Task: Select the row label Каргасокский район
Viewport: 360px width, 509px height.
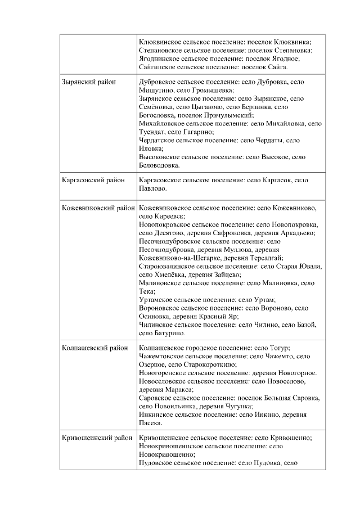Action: pyautogui.click(x=93, y=181)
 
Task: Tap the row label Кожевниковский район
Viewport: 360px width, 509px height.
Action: pyautogui.click(x=98, y=207)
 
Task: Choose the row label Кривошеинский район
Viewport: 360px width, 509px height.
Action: pyautogui.click(x=97, y=437)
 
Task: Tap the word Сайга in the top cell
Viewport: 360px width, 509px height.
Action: pyautogui.click(x=276, y=67)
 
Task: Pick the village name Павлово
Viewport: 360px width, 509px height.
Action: pyautogui.click(x=152, y=189)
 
